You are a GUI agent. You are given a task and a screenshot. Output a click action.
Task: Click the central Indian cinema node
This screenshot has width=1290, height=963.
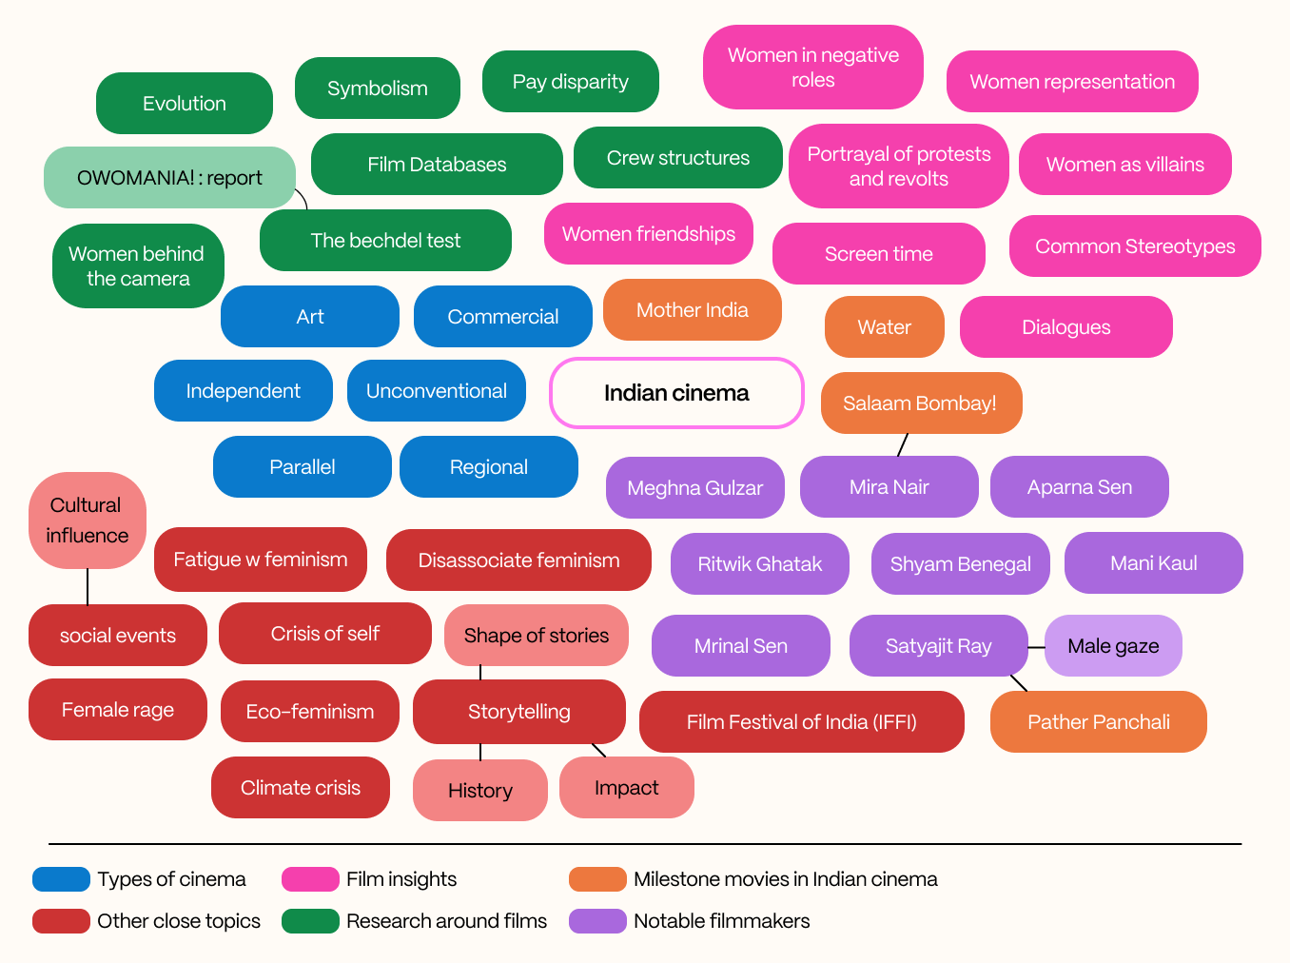676,393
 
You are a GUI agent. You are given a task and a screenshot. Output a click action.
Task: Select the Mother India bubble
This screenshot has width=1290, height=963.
692,310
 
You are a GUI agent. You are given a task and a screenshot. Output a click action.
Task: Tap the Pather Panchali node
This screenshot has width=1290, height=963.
1098,722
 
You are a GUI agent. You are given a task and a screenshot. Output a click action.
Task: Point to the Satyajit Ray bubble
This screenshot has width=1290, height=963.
938,646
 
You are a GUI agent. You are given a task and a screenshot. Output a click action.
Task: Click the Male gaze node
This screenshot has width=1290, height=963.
1113,646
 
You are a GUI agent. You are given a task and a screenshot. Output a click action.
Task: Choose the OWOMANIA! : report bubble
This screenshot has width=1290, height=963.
169,178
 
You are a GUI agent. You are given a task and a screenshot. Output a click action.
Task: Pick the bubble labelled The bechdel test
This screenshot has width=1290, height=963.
385,241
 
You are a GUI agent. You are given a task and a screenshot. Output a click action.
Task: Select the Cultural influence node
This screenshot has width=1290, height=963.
87,521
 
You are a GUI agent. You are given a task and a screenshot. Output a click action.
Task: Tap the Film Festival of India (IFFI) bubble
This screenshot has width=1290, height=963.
801,722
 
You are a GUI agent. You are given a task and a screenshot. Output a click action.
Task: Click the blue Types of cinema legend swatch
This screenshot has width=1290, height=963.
61,879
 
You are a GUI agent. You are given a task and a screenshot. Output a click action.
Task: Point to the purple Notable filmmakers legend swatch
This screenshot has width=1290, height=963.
597,921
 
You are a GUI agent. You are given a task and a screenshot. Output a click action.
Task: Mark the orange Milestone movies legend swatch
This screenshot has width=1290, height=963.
597,879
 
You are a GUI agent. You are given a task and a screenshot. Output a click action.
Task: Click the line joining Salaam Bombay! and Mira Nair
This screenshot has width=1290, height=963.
903,444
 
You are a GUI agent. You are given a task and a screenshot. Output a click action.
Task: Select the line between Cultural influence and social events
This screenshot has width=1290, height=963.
88,586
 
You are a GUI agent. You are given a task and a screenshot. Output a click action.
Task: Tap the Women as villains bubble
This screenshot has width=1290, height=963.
1124,165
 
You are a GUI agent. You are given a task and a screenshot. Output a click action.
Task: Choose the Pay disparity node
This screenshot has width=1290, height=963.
570,82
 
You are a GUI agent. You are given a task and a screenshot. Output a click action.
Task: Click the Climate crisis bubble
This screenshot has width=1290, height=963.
300,788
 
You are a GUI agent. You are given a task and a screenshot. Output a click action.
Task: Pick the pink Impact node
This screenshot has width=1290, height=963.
626,788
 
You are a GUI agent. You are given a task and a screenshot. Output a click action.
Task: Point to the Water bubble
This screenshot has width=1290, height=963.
884,327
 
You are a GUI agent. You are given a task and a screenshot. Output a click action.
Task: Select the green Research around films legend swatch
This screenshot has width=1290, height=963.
310,921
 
